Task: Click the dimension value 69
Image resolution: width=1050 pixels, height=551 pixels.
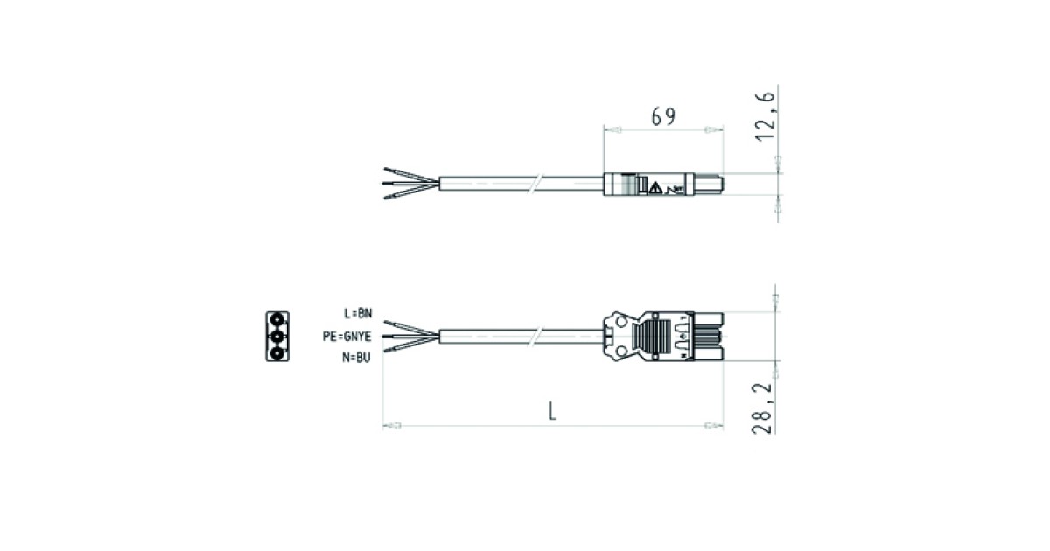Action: [x=663, y=116]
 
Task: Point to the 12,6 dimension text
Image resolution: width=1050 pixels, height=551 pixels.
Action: [x=765, y=116]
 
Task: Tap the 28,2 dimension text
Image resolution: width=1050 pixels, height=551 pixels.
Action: [x=762, y=408]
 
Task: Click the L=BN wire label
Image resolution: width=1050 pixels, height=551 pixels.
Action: [x=358, y=313]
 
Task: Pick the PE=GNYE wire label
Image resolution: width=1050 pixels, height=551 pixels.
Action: [x=346, y=337]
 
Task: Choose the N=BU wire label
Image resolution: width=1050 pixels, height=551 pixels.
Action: [x=356, y=358]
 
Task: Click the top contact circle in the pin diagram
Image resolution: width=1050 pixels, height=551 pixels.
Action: [x=277, y=320]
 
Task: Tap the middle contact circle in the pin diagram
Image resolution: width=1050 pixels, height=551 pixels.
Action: [x=277, y=337]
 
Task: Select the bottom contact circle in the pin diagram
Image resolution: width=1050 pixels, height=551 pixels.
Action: [x=277, y=352]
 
